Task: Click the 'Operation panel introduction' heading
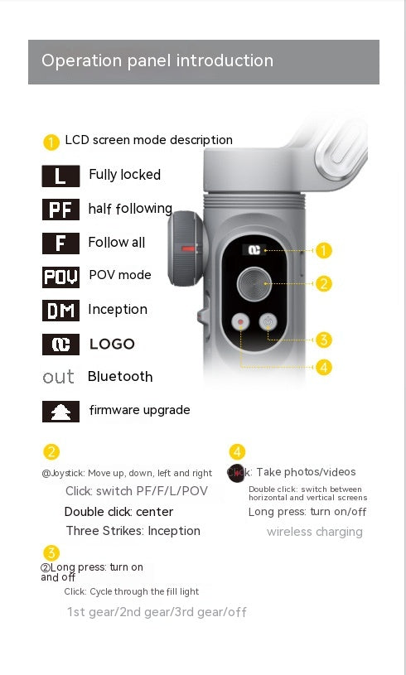click(157, 60)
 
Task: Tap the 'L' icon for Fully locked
click(60, 176)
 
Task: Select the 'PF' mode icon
click(60, 210)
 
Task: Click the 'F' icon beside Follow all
click(60, 243)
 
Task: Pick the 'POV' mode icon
click(60, 277)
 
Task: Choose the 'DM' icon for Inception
click(60, 311)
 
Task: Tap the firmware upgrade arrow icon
click(60, 411)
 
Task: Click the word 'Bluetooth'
click(120, 377)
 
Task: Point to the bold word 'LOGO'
click(112, 344)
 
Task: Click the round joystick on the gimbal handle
click(254, 284)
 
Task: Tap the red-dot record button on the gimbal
click(240, 322)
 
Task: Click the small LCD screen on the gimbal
click(253, 249)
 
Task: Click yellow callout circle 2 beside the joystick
click(323, 283)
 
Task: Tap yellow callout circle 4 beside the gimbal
click(323, 366)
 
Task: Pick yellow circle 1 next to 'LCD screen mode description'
click(51, 142)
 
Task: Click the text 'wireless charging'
click(314, 532)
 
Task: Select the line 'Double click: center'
click(118, 512)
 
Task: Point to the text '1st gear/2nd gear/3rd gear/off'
click(157, 612)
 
